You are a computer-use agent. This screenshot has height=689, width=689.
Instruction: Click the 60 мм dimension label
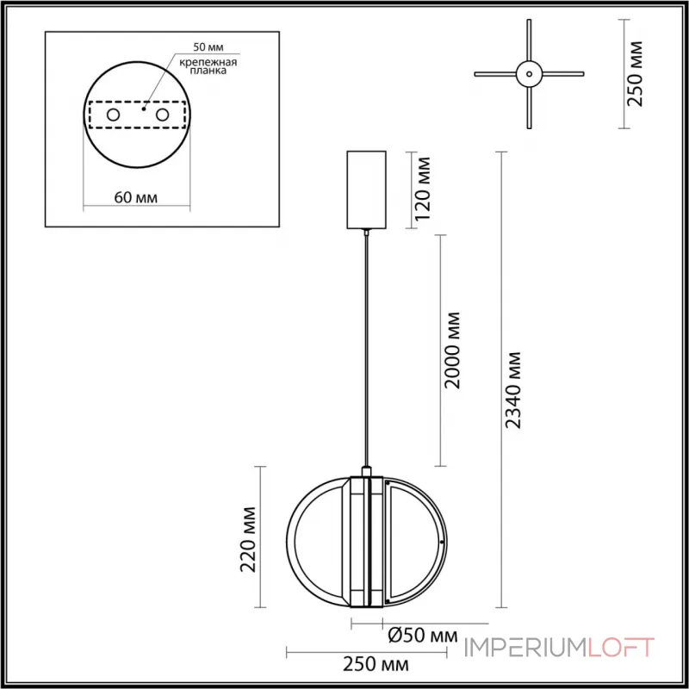click(135, 197)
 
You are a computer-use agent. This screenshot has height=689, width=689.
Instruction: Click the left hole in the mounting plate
click(113, 115)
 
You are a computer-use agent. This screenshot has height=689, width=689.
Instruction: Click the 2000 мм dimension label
click(452, 349)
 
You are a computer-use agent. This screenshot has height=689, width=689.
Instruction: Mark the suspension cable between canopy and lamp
click(367, 344)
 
